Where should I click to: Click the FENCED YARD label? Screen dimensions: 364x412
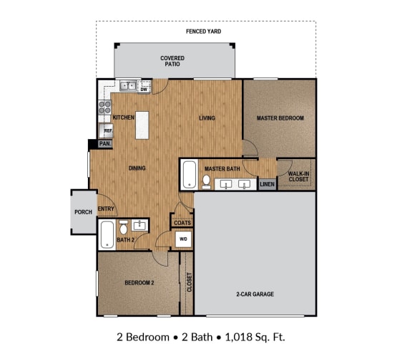coord(203,32)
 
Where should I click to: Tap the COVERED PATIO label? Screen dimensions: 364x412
coord(172,61)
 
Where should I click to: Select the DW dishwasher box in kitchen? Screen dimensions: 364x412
coord(144,89)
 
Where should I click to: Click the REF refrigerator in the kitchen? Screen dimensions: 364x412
coord(107,130)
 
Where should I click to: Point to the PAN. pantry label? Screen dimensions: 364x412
coord(104,144)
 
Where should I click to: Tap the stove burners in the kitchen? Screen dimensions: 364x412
coord(105,107)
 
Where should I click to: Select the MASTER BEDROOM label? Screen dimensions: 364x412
coord(280,118)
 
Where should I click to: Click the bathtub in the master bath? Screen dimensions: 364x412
coord(189,175)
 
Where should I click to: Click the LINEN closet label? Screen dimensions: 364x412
coord(267,184)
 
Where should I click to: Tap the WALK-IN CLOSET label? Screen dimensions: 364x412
coord(298,176)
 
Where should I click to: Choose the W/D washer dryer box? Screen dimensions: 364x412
coord(183,239)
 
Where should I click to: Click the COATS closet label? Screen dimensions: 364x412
coord(182,223)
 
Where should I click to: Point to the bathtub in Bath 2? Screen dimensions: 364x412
coord(107,234)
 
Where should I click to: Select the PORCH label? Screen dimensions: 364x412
coord(82,212)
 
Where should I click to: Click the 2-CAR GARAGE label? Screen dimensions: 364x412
coord(255,294)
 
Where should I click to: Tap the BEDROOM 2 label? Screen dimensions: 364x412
coord(139,283)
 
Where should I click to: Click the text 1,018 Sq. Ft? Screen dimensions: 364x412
coord(257,337)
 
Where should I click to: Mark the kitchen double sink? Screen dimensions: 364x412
coord(129,87)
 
